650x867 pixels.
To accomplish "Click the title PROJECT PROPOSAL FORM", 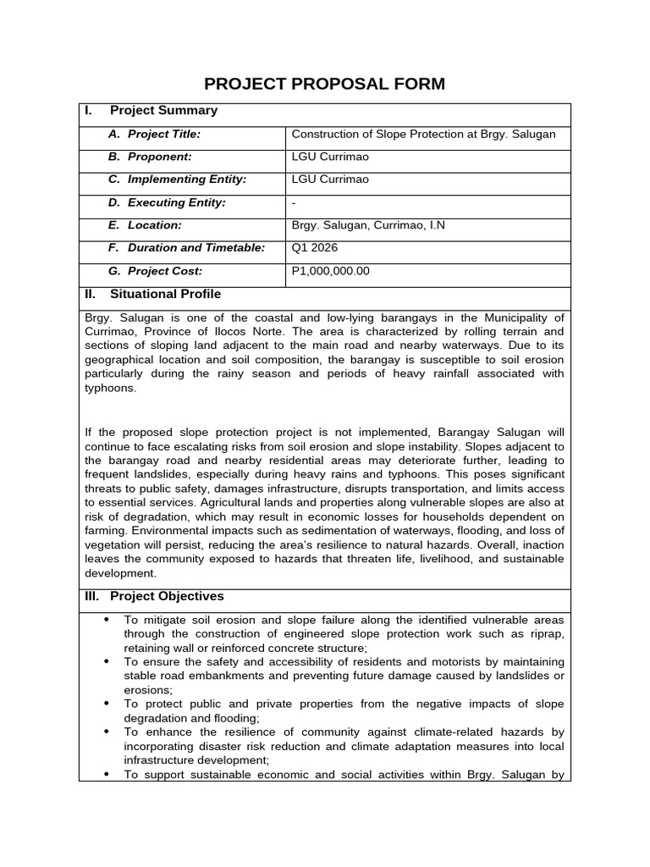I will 325,84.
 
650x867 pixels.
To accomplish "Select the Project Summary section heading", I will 163,111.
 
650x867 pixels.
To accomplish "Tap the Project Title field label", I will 163,134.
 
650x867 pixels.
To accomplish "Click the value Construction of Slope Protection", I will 424,134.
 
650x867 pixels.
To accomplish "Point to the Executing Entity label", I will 178,202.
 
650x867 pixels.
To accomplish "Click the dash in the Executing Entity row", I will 294,203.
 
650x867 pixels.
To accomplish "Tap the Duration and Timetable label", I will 196,248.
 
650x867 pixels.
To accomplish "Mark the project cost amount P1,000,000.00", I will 330,271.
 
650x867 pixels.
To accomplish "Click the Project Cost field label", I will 165,271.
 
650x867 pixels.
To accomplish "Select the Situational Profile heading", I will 165,295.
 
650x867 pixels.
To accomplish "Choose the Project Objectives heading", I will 167,596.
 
